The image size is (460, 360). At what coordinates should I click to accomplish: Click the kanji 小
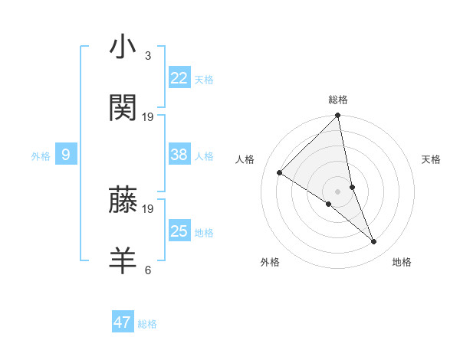pos(123,47)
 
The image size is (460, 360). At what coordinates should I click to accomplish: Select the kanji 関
pos(123,108)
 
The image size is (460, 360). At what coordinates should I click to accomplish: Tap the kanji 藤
pos(123,200)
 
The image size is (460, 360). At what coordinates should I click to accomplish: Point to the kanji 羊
pos(123,261)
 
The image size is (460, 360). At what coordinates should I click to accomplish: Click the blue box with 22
pos(179,78)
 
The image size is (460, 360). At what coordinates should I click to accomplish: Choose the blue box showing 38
pos(179,155)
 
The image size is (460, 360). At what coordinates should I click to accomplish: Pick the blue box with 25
pos(179,231)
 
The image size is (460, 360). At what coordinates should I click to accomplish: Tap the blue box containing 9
pos(66,155)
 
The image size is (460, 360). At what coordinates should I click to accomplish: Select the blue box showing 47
pos(123,322)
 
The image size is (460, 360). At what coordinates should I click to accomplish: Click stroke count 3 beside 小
pos(147,56)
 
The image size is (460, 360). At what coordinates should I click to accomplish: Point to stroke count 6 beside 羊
pos(147,270)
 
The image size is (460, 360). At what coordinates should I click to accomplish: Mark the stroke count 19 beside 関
pos(148,117)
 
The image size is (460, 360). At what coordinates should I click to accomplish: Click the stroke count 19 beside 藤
pos(148,208)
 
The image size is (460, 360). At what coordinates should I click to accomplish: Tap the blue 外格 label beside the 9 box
pos(41,156)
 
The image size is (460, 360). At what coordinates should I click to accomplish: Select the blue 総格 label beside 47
pos(147,324)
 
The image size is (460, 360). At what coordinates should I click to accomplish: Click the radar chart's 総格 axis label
pos(338,100)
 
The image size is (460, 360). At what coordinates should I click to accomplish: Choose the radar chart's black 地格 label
pos(402,262)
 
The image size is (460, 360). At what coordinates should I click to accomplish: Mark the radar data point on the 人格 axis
pos(280,172)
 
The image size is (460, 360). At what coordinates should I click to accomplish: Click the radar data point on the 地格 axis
pos(374,241)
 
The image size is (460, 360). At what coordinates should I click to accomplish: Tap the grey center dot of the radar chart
pos(338,191)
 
